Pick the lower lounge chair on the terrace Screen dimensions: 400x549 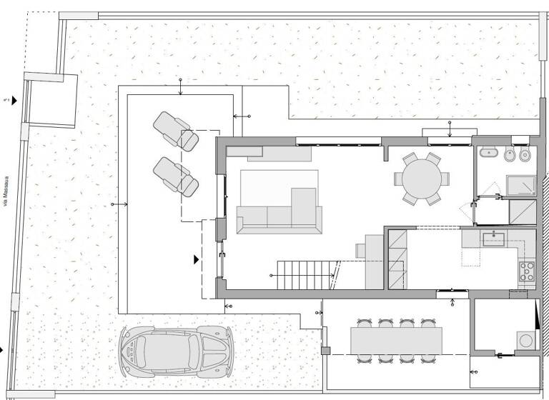click(175, 177)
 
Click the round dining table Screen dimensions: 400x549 click(422, 179)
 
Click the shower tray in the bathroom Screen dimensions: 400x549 click(521, 186)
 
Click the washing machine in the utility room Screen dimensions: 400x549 click(526, 340)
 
